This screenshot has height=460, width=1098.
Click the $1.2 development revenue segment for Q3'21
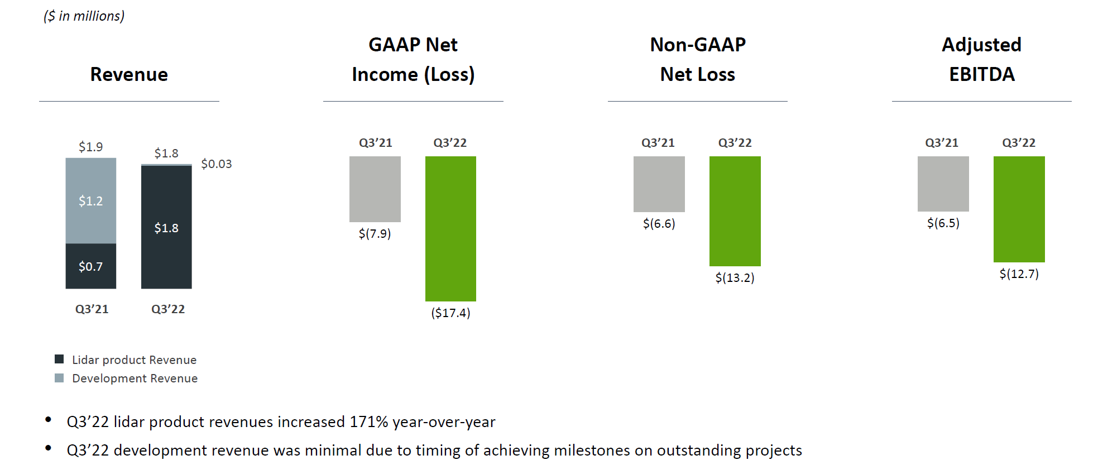click(91, 200)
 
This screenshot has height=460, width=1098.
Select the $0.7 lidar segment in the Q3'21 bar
click(91, 266)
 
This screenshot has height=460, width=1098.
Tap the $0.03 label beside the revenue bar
click(216, 164)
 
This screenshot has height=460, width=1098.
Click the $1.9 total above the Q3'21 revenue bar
click(90, 147)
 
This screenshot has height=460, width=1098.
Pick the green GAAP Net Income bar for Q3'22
click(450, 228)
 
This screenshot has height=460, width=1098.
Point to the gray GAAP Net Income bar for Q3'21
click(375, 189)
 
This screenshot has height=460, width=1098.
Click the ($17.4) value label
click(450, 313)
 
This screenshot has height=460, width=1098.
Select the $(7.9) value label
click(375, 233)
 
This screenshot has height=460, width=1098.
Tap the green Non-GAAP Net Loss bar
click(735, 211)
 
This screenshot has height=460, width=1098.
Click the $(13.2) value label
click(735, 277)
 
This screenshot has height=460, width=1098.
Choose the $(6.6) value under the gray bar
click(659, 223)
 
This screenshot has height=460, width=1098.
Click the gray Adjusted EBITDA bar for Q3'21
click(943, 184)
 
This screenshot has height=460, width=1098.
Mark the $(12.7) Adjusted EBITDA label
click(1019, 274)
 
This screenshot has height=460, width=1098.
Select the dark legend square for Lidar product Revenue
click(59, 359)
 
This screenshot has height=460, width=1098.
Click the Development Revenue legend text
click(135, 378)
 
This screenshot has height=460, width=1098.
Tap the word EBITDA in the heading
click(981, 74)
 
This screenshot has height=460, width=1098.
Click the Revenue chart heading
click(129, 74)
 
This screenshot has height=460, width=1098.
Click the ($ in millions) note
click(84, 16)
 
